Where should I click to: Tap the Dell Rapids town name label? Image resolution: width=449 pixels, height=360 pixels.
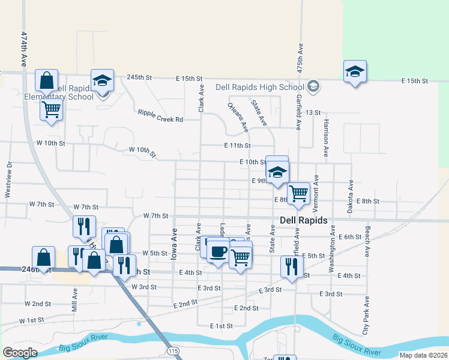point(304,220)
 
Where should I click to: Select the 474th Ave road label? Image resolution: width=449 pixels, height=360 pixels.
point(25,49)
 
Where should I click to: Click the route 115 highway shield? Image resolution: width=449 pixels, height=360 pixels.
point(173,350)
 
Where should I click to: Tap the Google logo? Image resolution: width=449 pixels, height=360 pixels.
point(20,353)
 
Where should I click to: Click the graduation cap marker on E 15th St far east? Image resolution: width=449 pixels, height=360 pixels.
point(355,73)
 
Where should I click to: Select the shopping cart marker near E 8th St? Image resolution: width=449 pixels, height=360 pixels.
point(298,193)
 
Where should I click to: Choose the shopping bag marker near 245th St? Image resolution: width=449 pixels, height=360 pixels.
point(46,80)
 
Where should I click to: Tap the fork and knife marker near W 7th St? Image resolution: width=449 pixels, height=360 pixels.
point(83,226)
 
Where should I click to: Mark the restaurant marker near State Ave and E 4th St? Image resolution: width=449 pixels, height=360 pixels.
point(292,266)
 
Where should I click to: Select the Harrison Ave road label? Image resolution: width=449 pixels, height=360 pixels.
point(326,141)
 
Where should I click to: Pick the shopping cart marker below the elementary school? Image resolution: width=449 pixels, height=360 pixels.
point(52,110)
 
